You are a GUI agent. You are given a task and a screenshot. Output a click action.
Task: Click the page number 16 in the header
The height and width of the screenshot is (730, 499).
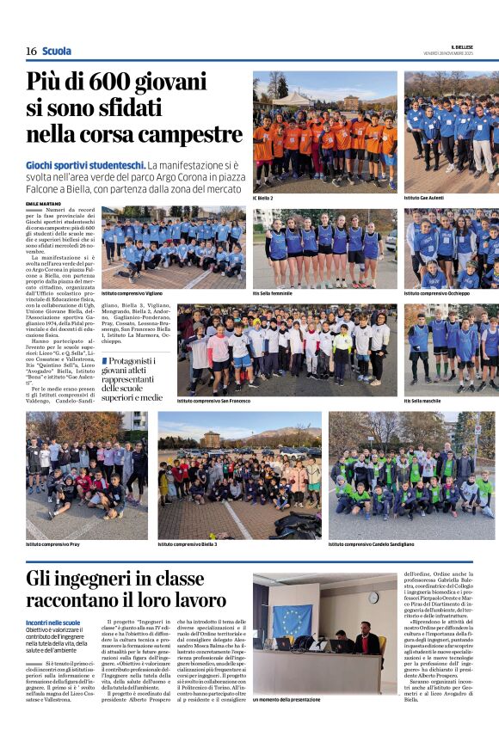[31, 52]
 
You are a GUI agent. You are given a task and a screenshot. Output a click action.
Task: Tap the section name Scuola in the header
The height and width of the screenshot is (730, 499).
[57, 52]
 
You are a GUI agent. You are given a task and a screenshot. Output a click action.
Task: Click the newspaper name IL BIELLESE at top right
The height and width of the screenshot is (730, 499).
[474, 46]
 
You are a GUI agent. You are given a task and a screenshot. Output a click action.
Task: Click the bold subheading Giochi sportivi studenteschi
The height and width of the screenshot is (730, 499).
[85, 164]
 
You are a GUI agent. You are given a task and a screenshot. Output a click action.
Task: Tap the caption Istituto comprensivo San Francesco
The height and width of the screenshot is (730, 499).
[213, 401]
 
